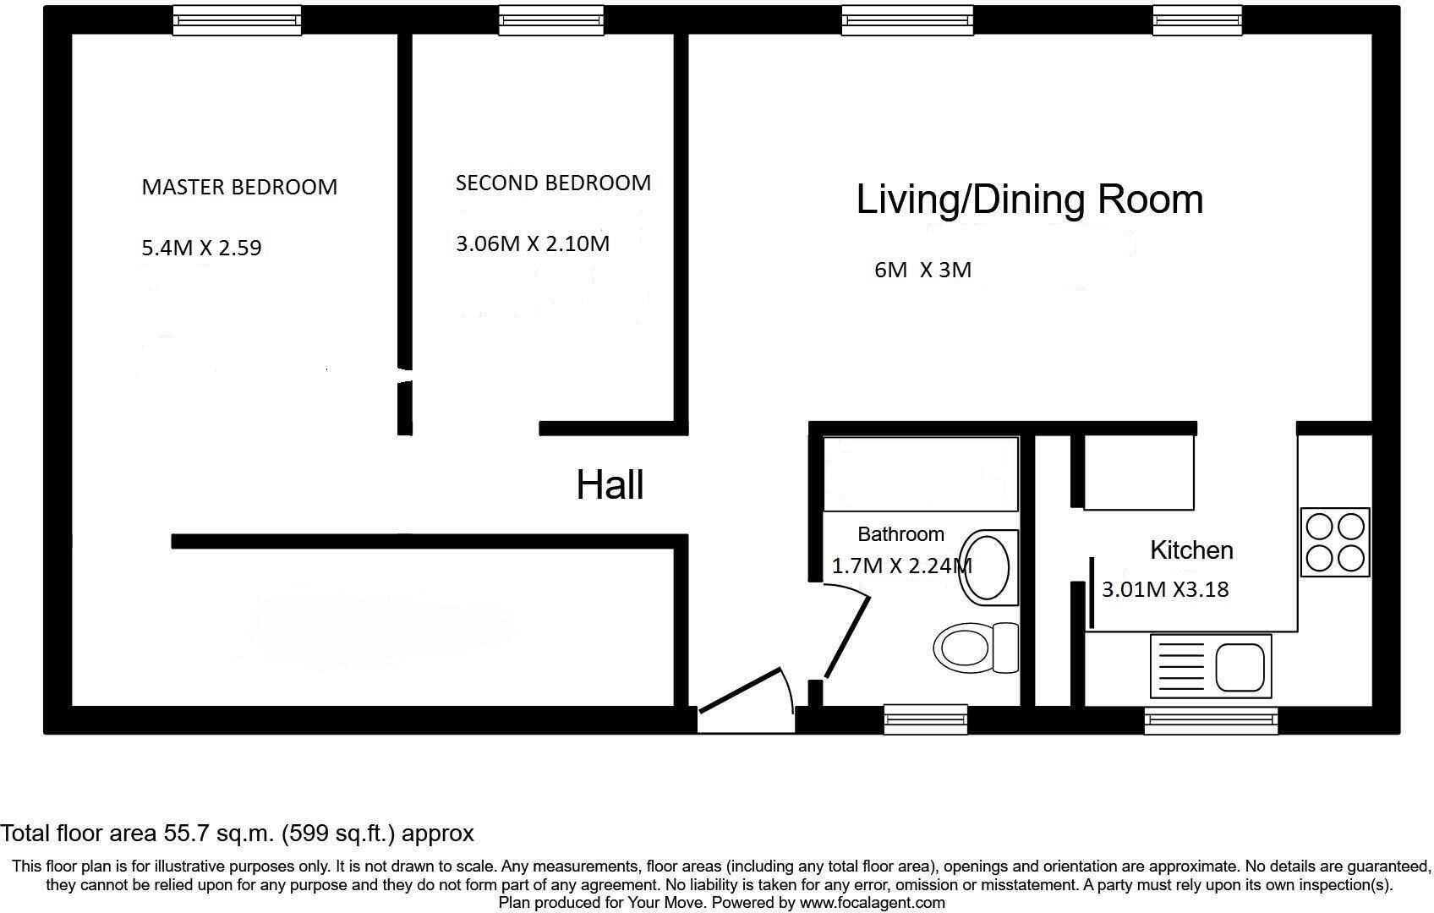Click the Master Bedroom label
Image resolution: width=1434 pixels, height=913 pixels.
(x=239, y=187)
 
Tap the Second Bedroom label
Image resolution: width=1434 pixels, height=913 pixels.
(x=553, y=183)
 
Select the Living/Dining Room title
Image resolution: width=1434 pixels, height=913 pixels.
(x=1029, y=200)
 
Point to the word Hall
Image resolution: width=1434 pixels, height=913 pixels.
(x=610, y=484)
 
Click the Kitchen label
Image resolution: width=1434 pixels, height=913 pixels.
(x=1191, y=550)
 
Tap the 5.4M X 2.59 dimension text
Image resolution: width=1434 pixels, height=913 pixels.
(x=201, y=248)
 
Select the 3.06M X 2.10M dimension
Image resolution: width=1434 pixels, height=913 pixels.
(x=533, y=244)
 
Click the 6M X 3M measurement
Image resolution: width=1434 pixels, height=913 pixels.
(x=923, y=271)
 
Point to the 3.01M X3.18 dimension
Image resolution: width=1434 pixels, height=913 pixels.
(x=1165, y=589)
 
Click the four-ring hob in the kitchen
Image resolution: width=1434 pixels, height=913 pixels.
(x=1335, y=542)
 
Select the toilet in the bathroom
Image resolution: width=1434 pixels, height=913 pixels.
(x=976, y=648)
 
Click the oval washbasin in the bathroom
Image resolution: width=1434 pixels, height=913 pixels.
(x=988, y=568)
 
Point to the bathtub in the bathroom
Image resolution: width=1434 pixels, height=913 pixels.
(x=921, y=474)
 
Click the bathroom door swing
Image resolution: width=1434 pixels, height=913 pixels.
(x=847, y=637)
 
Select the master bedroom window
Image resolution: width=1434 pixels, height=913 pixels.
(x=237, y=20)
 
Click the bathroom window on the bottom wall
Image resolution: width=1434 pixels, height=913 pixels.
(x=926, y=719)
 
